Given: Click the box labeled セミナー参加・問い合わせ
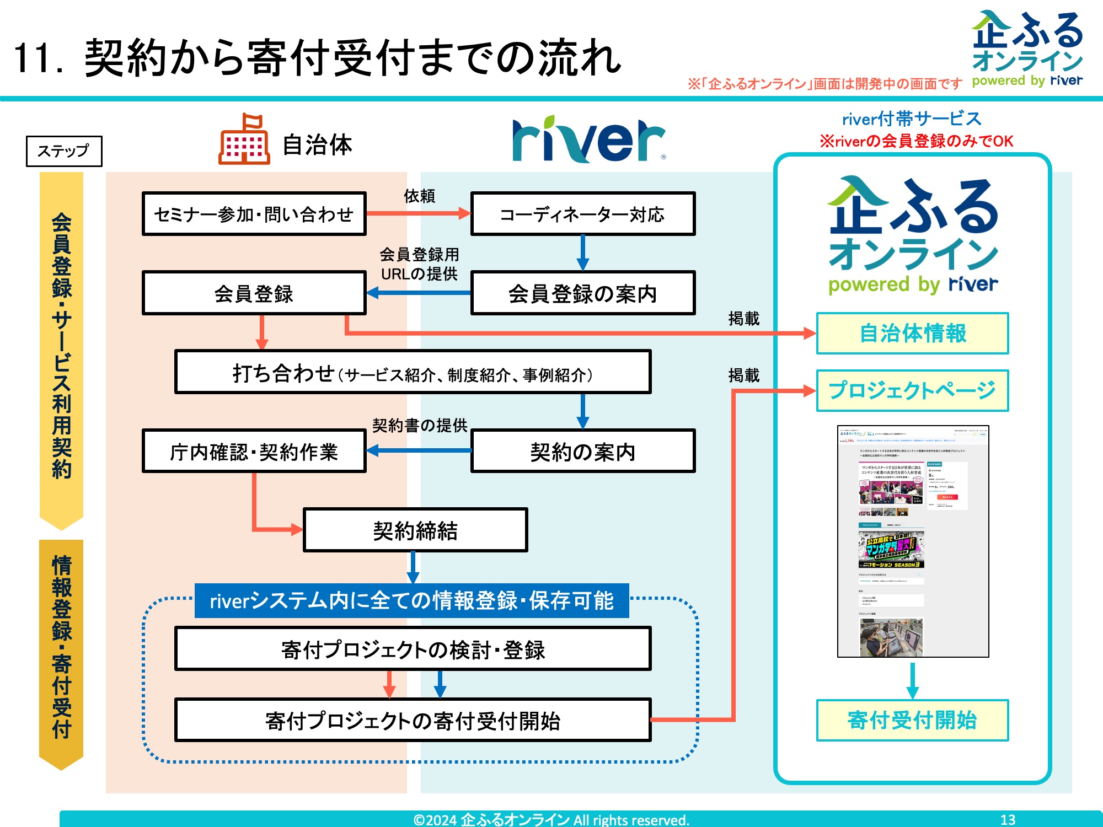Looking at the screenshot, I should coord(254,214).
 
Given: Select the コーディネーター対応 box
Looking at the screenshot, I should coord(582,214).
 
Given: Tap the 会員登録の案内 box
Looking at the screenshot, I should coord(582,293).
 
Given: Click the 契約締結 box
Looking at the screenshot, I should coord(415,530).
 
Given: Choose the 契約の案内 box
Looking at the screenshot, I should coord(582,452).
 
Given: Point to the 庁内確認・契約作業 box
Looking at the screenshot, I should coord(254,452).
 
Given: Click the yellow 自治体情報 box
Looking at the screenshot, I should coord(912,334).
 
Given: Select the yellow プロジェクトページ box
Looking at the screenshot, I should coord(912,390).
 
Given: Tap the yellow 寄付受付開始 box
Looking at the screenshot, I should coord(912,720).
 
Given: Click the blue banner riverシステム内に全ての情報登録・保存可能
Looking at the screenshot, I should coord(411,600).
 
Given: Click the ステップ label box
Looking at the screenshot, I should coord(64,151).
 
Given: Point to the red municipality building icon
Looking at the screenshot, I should coord(244,140).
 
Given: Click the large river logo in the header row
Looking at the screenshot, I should coord(588,140).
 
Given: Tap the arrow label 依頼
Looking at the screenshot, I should coord(419,196).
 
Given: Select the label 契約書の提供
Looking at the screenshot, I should coord(419,425).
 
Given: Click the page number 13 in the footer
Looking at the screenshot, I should coord(1008,819).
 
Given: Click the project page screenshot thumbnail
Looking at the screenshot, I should coord(913,541).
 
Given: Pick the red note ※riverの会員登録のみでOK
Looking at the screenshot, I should coord(916,141).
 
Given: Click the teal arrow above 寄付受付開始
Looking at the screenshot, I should coord(913,680).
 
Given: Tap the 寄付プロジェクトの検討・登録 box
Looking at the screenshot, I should coord(413,649).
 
